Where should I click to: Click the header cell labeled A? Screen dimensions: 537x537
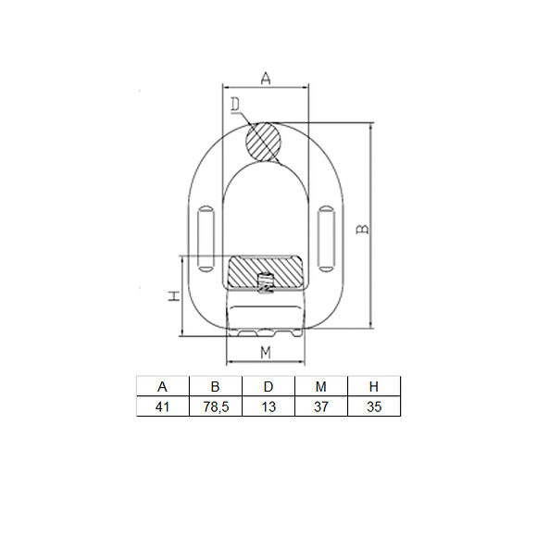pyautogui.click(x=162, y=386)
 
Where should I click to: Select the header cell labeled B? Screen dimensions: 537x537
pyautogui.click(x=215, y=386)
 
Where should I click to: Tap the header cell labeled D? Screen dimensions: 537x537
pyautogui.click(x=268, y=386)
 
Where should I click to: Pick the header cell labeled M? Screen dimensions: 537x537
pyautogui.click(x=320, y=386)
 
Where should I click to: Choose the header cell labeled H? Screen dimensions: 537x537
pyautogui.click(x=374, y=386)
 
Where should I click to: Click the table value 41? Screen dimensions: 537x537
pyautogui.click(x=162, y=406)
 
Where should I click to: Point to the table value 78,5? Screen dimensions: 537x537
pyautogui.click(x=215, y=406)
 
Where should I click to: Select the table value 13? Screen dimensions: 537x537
pyautogui.click(x=268, y=406)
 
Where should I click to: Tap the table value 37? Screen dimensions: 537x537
pyautogui.click(x=320, y=406)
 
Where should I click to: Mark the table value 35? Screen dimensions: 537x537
pyautogui.click(x=374, y=406)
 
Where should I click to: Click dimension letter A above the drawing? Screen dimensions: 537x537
pyautogui.click(x=265, y=80)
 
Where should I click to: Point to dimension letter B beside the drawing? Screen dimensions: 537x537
pyautogui.click(x=364, y=227)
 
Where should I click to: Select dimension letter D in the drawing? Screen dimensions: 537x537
pyautogui.click(x=236, y=104)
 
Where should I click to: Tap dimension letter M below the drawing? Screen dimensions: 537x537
pyautogui.click(x=266, y=352)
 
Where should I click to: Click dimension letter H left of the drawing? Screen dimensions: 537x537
pyautogui.click(x=172, y=296)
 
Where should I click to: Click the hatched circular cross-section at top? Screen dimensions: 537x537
pyautogui.click(x=265, y=141)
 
